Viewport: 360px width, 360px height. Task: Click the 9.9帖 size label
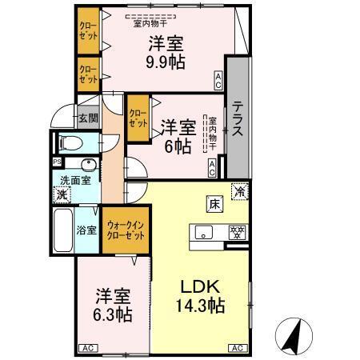165,62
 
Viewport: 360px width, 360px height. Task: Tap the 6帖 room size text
178,147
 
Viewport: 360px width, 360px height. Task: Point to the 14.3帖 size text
199,305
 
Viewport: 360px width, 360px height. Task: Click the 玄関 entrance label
87,118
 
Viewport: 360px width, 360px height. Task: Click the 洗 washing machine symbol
62,194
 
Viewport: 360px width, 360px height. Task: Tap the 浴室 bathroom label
86,230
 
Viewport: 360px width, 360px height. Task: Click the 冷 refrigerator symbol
238,191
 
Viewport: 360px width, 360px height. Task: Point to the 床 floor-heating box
215,203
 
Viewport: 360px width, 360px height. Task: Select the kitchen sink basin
203,234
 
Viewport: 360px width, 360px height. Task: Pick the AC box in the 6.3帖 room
88,348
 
